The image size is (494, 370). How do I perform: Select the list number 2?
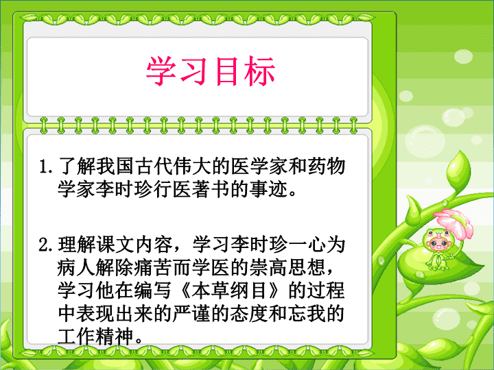click(45, 245)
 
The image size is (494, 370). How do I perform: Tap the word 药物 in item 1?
click(327, 166)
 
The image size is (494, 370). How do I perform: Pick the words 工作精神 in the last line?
click(96, 336)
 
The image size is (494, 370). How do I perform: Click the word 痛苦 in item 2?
click(154, 267)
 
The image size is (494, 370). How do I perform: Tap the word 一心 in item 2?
click(307, 245)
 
